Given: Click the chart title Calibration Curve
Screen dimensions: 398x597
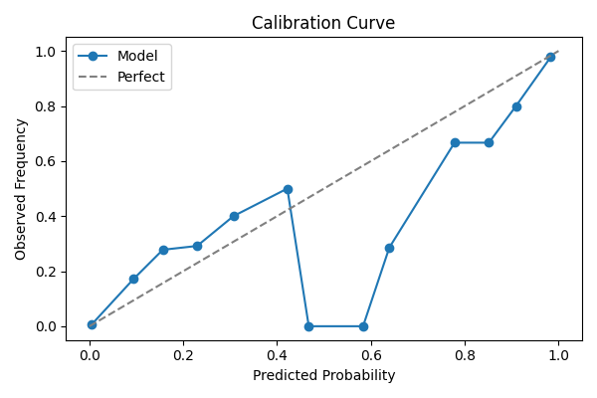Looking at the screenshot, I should click(x=323, y=23).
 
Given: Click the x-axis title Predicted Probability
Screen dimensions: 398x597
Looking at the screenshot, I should click(x=323, y=375).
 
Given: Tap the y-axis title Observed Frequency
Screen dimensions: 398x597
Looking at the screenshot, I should click(x=21, y=188).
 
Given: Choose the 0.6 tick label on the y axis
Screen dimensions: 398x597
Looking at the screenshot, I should click(x=46, y=161).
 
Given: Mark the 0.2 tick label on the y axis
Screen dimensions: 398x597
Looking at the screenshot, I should click(x=46, y=272).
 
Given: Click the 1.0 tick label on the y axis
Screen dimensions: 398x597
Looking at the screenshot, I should click(x=46, y=52).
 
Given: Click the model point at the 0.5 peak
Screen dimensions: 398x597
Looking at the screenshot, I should click(x=288, y=189).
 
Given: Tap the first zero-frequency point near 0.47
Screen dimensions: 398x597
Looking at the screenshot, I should click(x=308, y=326).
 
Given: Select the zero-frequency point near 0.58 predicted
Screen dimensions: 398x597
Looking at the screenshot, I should click(x=363, y=326).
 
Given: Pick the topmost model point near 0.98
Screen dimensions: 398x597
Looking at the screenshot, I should click(x=550, y=57).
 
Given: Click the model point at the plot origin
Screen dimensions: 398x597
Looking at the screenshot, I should click(x=92, y=324).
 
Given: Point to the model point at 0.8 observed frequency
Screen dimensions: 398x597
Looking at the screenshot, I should click(x=516, y=106).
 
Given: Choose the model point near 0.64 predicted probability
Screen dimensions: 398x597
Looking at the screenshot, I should click(x=389, y=248).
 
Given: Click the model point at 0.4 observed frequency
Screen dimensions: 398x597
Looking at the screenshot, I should click(x=234, y=216).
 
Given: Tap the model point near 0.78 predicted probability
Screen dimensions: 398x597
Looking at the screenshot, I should click(x=455, y=142).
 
